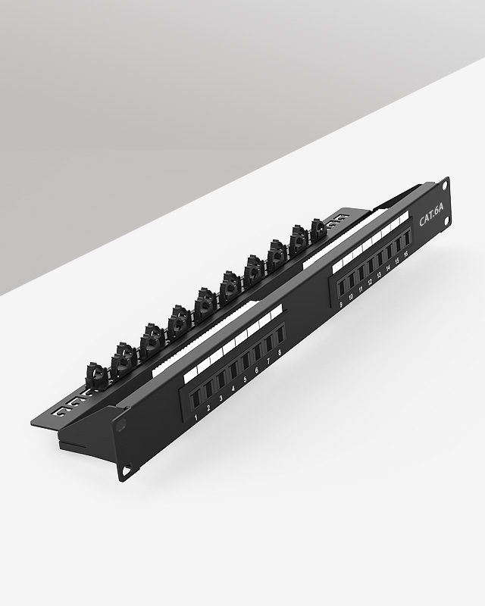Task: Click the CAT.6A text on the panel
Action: (432, 216)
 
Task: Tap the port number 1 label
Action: (196, 417)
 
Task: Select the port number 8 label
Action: (280, 352)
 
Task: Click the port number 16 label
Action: (405, 254)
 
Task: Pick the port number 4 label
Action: (233, 389)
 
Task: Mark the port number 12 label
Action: (370, 282)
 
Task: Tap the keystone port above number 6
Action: (257, 351)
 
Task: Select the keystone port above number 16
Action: (405, 237)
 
